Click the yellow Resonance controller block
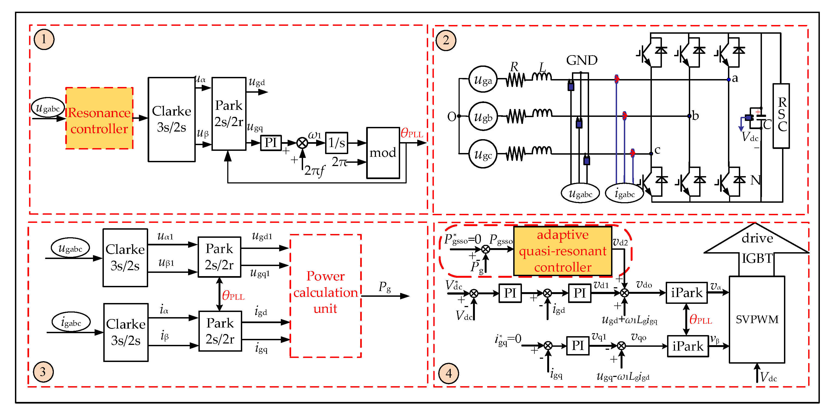[99, 118]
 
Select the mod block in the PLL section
[383, 153]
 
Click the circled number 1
[44, 39]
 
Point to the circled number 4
[449, 373]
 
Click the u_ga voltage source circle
[483, 79]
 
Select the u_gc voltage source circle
[483, 154]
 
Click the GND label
[581, 60]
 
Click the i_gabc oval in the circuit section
[624, 193]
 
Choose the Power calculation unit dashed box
[326, 296]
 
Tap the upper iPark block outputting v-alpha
[687, 293]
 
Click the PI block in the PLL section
[271, 143]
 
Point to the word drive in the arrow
[757, 238]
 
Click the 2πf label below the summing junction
[314, 170]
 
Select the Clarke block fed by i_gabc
[126, 332]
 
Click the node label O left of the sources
[452, 117]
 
